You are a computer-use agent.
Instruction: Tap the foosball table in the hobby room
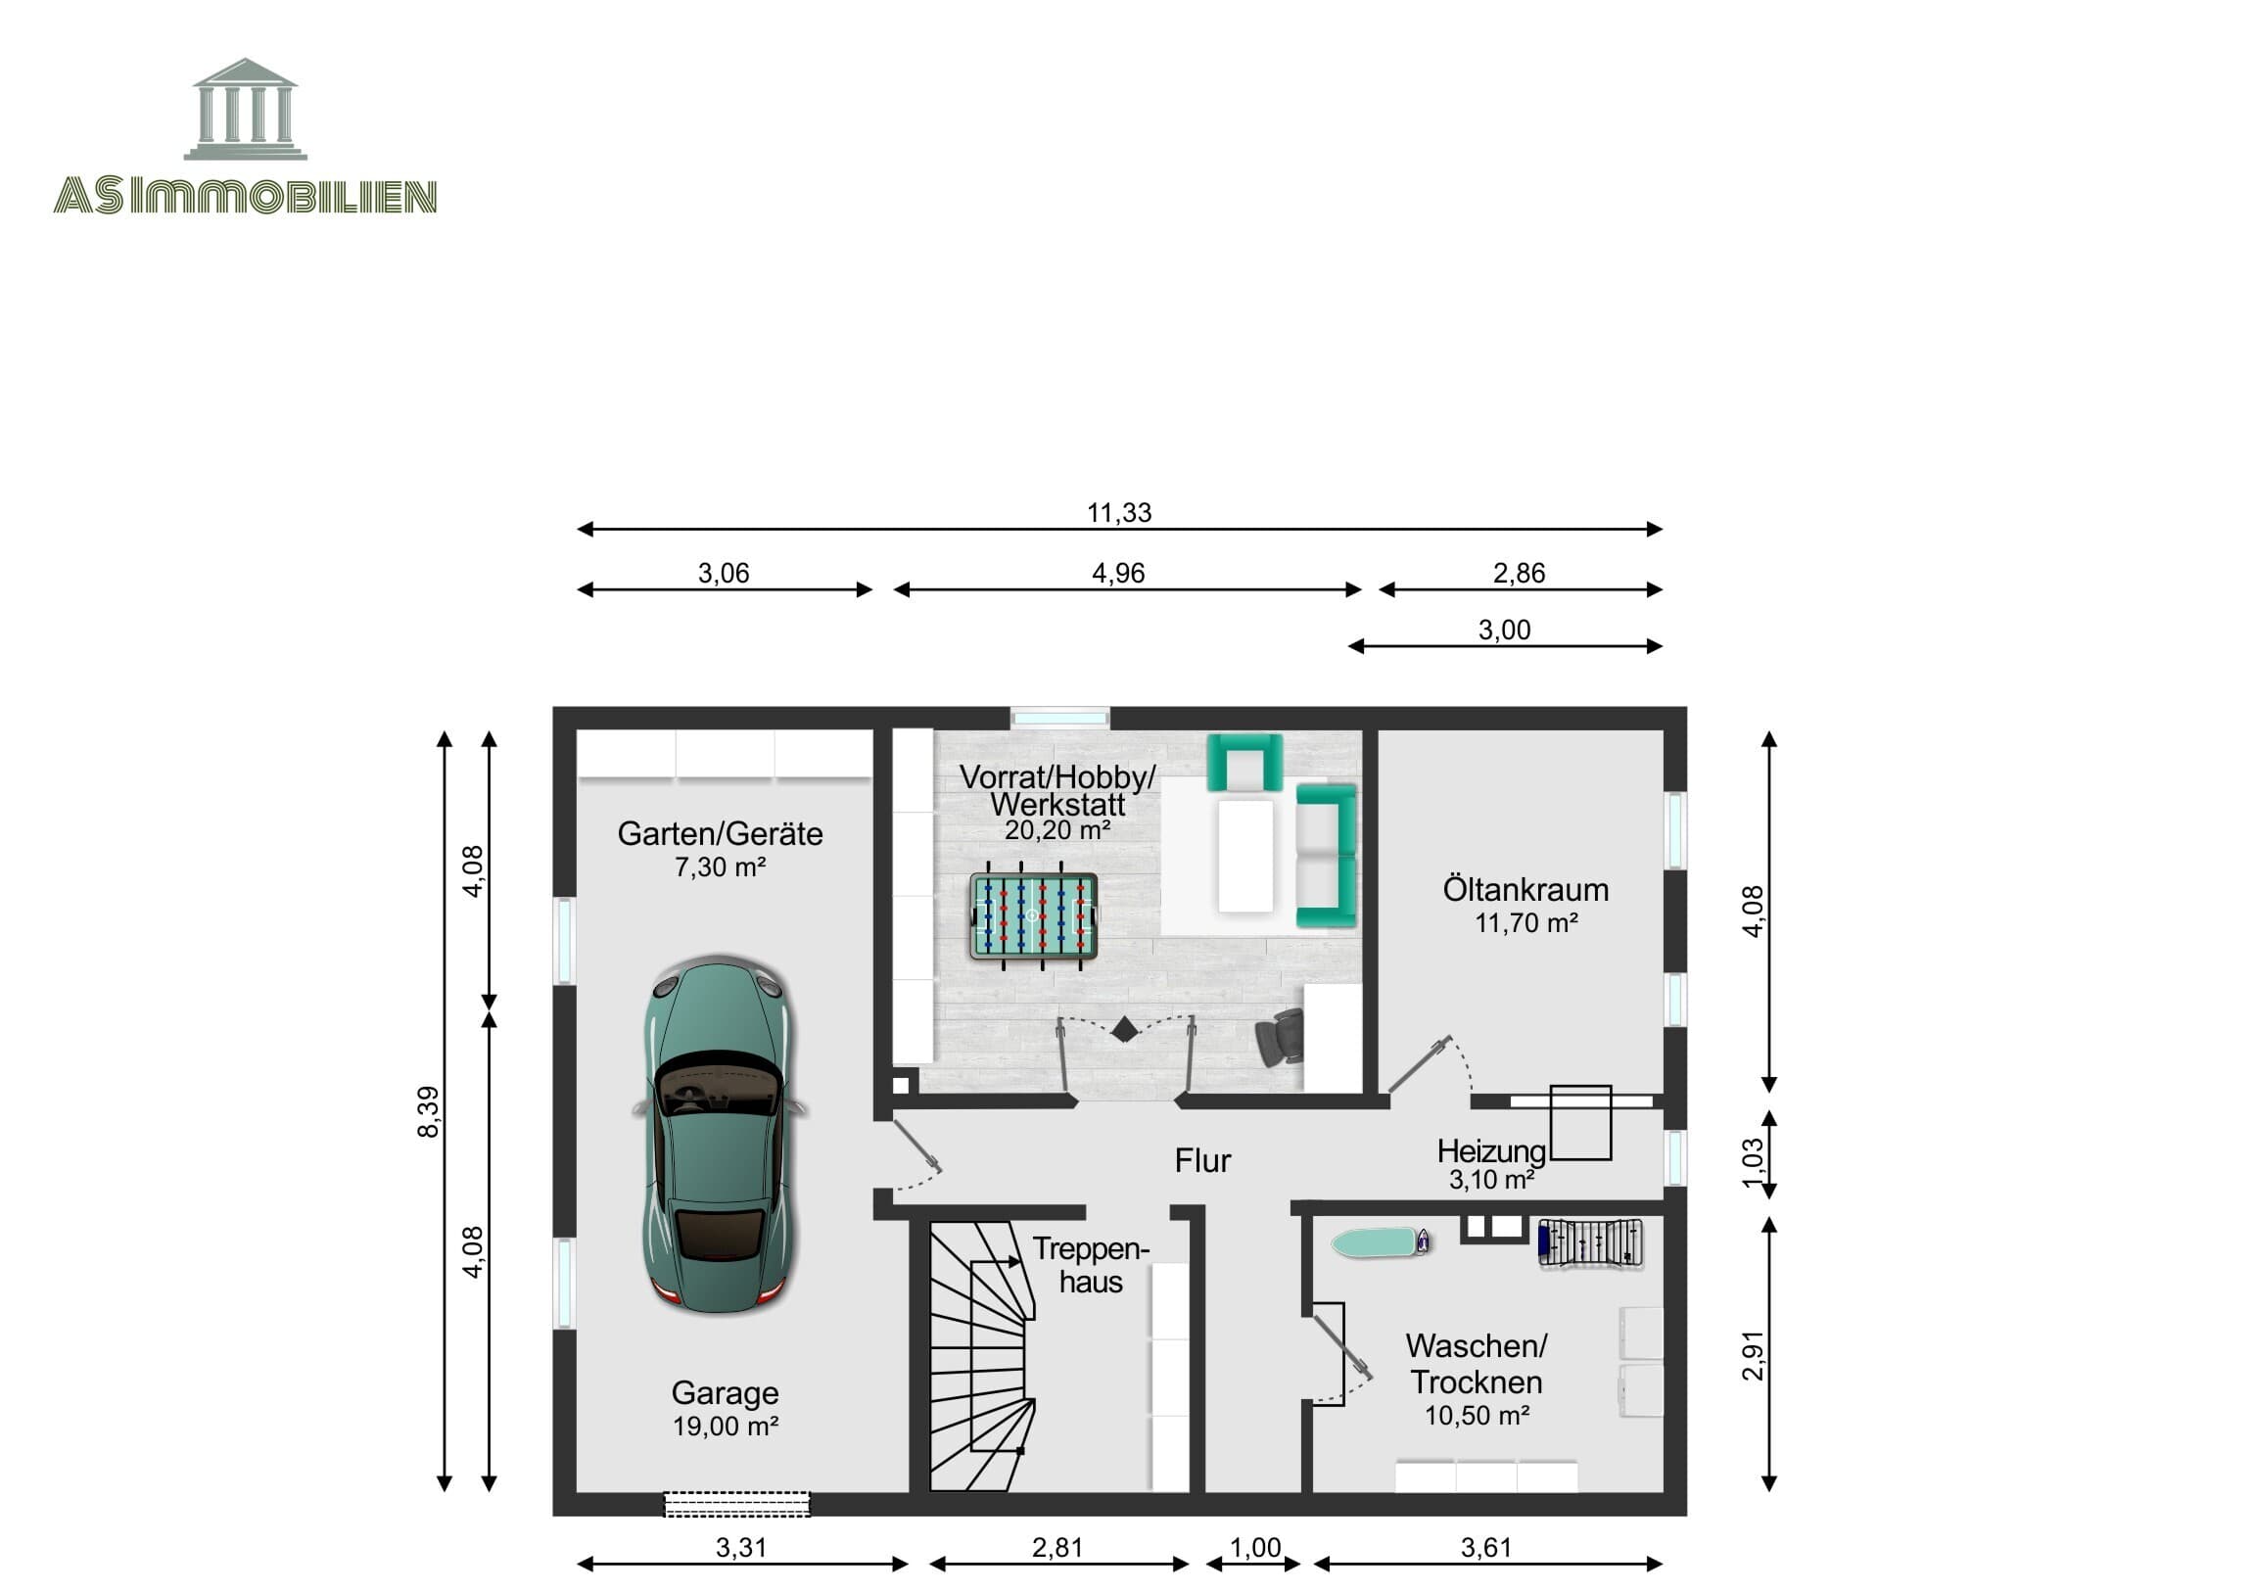[1033, 916]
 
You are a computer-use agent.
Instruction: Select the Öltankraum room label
[1525, 890]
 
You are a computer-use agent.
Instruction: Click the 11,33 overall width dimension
[1119, 512]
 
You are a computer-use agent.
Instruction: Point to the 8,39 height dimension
[429, 1111]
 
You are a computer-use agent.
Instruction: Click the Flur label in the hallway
[1202, 1160]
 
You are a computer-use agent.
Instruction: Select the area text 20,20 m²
[1057, 831]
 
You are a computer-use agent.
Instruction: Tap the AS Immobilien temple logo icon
[245, 109]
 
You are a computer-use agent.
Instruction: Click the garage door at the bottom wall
[736, 1504]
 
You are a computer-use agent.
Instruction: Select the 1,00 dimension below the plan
[1254, 1547]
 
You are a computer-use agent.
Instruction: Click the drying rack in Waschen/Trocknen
[1590, 1243]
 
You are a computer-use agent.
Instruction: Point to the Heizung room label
[1491, 1150]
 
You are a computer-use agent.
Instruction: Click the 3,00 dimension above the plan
[1504, 630]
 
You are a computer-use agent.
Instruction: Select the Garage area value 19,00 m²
[725, 1427]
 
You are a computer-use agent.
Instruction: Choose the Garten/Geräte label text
[720, 834]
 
